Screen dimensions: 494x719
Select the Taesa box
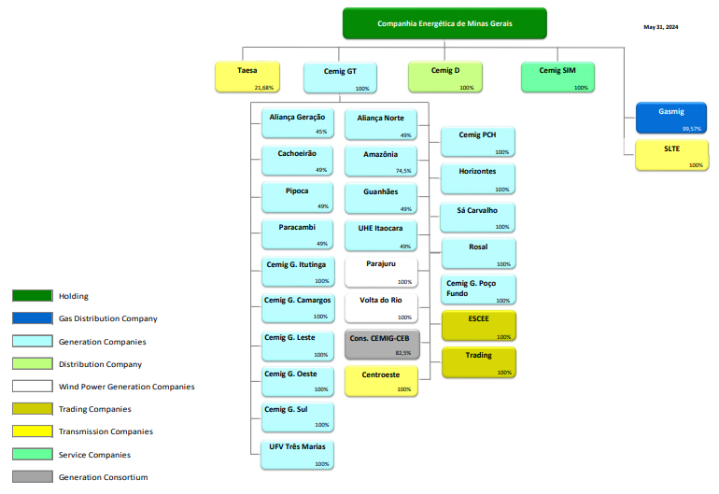[x=247, y=77]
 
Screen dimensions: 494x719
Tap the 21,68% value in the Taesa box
[x=264, y=88]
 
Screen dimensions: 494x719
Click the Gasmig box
[x=670, y=118]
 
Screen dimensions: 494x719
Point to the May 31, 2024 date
[x=661, y=27]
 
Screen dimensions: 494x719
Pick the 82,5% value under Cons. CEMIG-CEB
[x=403, y=353]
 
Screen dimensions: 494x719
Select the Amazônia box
[x=380, y=161]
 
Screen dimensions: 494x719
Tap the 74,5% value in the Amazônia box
[x=403, y=171]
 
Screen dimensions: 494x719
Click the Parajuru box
[x=380, y=271]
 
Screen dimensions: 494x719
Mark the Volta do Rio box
[x=380, y=306]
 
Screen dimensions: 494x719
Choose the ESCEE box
[x=478, y=326]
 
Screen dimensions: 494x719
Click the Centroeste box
[x=380, y=379]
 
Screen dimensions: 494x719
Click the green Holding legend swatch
[x=32, y=296]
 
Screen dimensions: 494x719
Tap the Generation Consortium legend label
[x=103, y=477]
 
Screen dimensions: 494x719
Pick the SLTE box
[x=670, y=155]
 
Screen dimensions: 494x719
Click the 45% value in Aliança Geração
[x=321, y=133]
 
